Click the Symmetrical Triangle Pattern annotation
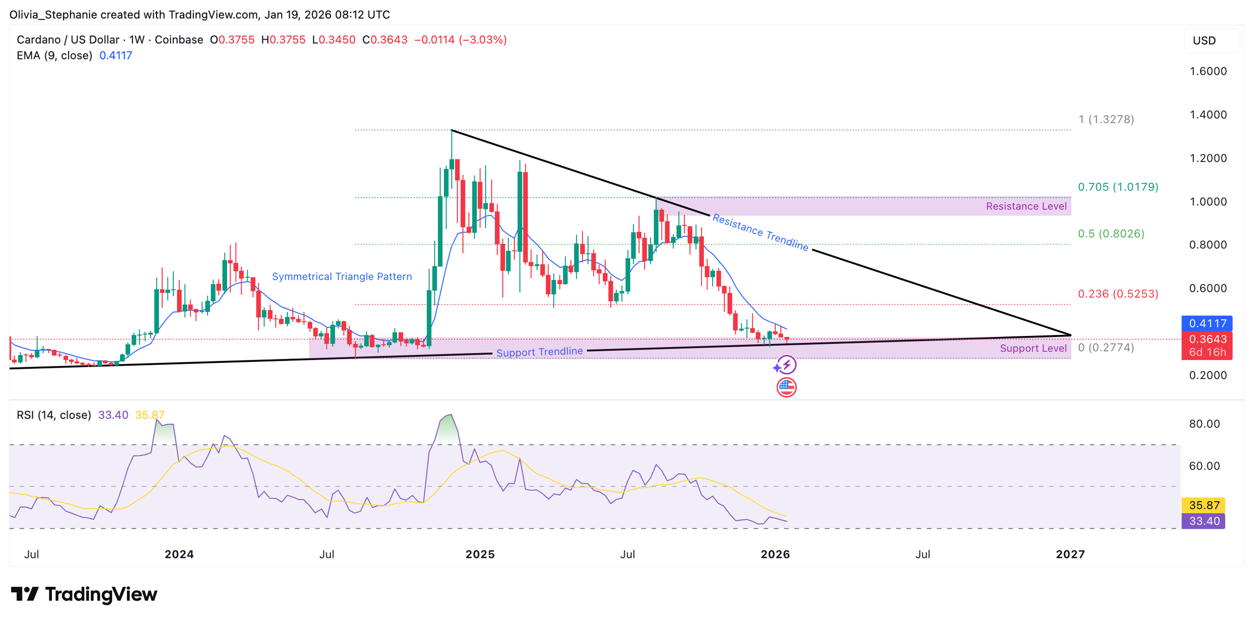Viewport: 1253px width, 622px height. click(342, 276)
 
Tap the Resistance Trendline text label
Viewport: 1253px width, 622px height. click(760, 232)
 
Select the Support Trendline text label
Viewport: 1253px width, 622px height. click(539, 352)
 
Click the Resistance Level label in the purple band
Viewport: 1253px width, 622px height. click(1026, 206)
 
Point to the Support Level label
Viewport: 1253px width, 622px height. click(1033, 348)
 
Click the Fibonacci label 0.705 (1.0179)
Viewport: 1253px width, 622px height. click(1117, 187)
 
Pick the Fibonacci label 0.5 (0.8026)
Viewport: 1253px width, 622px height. click(1111, 233)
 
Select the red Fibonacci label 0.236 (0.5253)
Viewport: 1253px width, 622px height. click(1117, 293)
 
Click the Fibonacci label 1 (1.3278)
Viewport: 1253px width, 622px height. click(1106, 119)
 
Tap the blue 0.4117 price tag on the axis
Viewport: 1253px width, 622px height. click(1207, 323)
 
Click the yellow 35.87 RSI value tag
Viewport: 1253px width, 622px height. click(1204, 505)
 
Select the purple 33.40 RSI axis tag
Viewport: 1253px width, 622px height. click(1204, 521)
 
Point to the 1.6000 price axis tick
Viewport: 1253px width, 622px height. click(1207, 71)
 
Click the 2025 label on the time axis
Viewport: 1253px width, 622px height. click(480, 554)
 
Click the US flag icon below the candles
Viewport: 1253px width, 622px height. click(786, 387)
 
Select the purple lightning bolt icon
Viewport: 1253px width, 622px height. click(786, 365)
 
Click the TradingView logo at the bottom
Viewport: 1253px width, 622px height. click(84, 594)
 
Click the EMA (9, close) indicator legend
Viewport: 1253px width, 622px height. click(54, 55)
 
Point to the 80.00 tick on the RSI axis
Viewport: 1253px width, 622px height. click(1204, 423)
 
